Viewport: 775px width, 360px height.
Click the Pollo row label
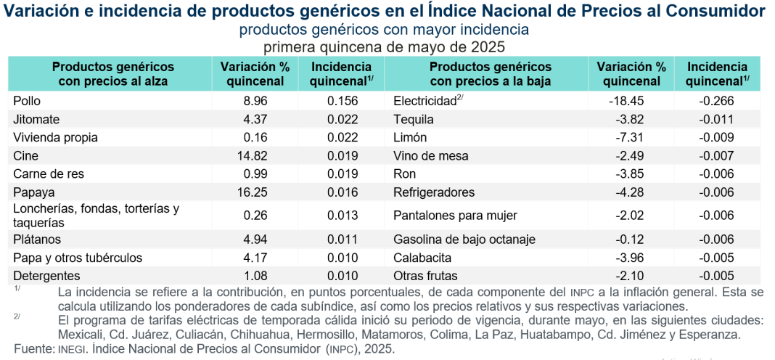(x=28, y=101)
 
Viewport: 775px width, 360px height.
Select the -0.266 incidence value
(x=717, y=101)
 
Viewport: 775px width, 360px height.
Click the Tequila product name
(x=413, y=119)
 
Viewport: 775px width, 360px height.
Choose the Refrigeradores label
(x=434, y=192)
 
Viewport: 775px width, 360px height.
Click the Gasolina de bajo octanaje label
(x=464, y=239)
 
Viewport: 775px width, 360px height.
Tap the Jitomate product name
(x=36, y=119)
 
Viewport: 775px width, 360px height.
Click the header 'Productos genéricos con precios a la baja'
(x=491, y=73)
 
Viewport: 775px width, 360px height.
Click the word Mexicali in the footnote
(x=83, y=335)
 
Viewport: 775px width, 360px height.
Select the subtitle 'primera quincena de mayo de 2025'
(x=384, y=46)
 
